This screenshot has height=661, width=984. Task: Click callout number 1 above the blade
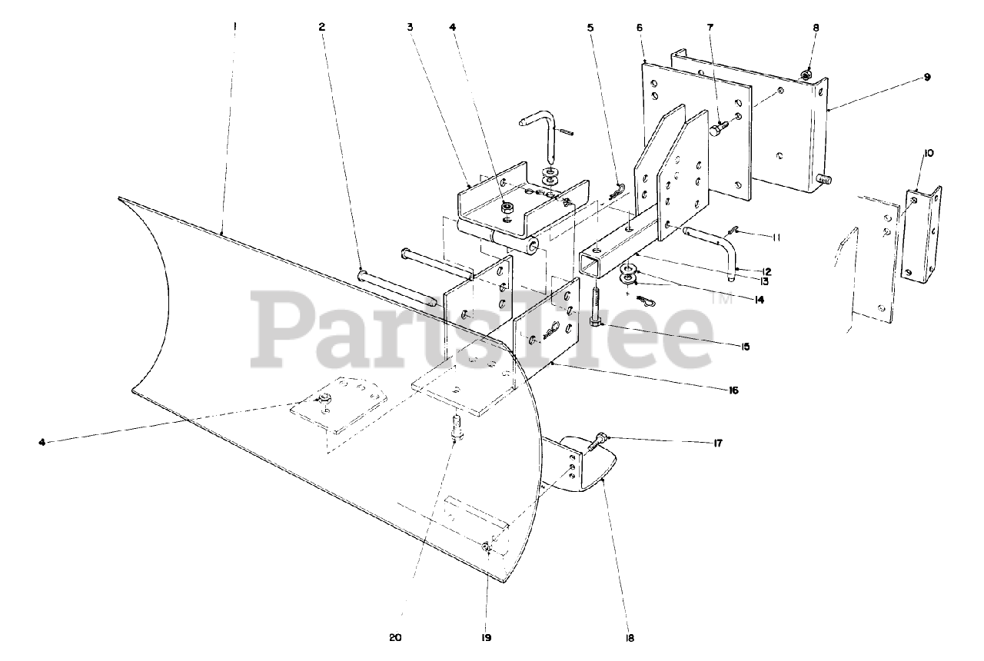click(x=235, y=25)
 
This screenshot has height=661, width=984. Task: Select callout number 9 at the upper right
click(x=927, y=77)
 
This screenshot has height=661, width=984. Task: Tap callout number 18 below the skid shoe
click(x=630, y=637)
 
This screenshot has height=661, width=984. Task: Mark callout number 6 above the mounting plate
click(x=640, y=27)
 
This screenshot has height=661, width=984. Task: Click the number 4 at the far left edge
click(x=42, y=441)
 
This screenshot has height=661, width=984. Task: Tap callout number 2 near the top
click(x=321, y=26)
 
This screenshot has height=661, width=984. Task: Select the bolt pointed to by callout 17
click(x=597, y=442)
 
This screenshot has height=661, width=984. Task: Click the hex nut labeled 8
click(x=804, y=75)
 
